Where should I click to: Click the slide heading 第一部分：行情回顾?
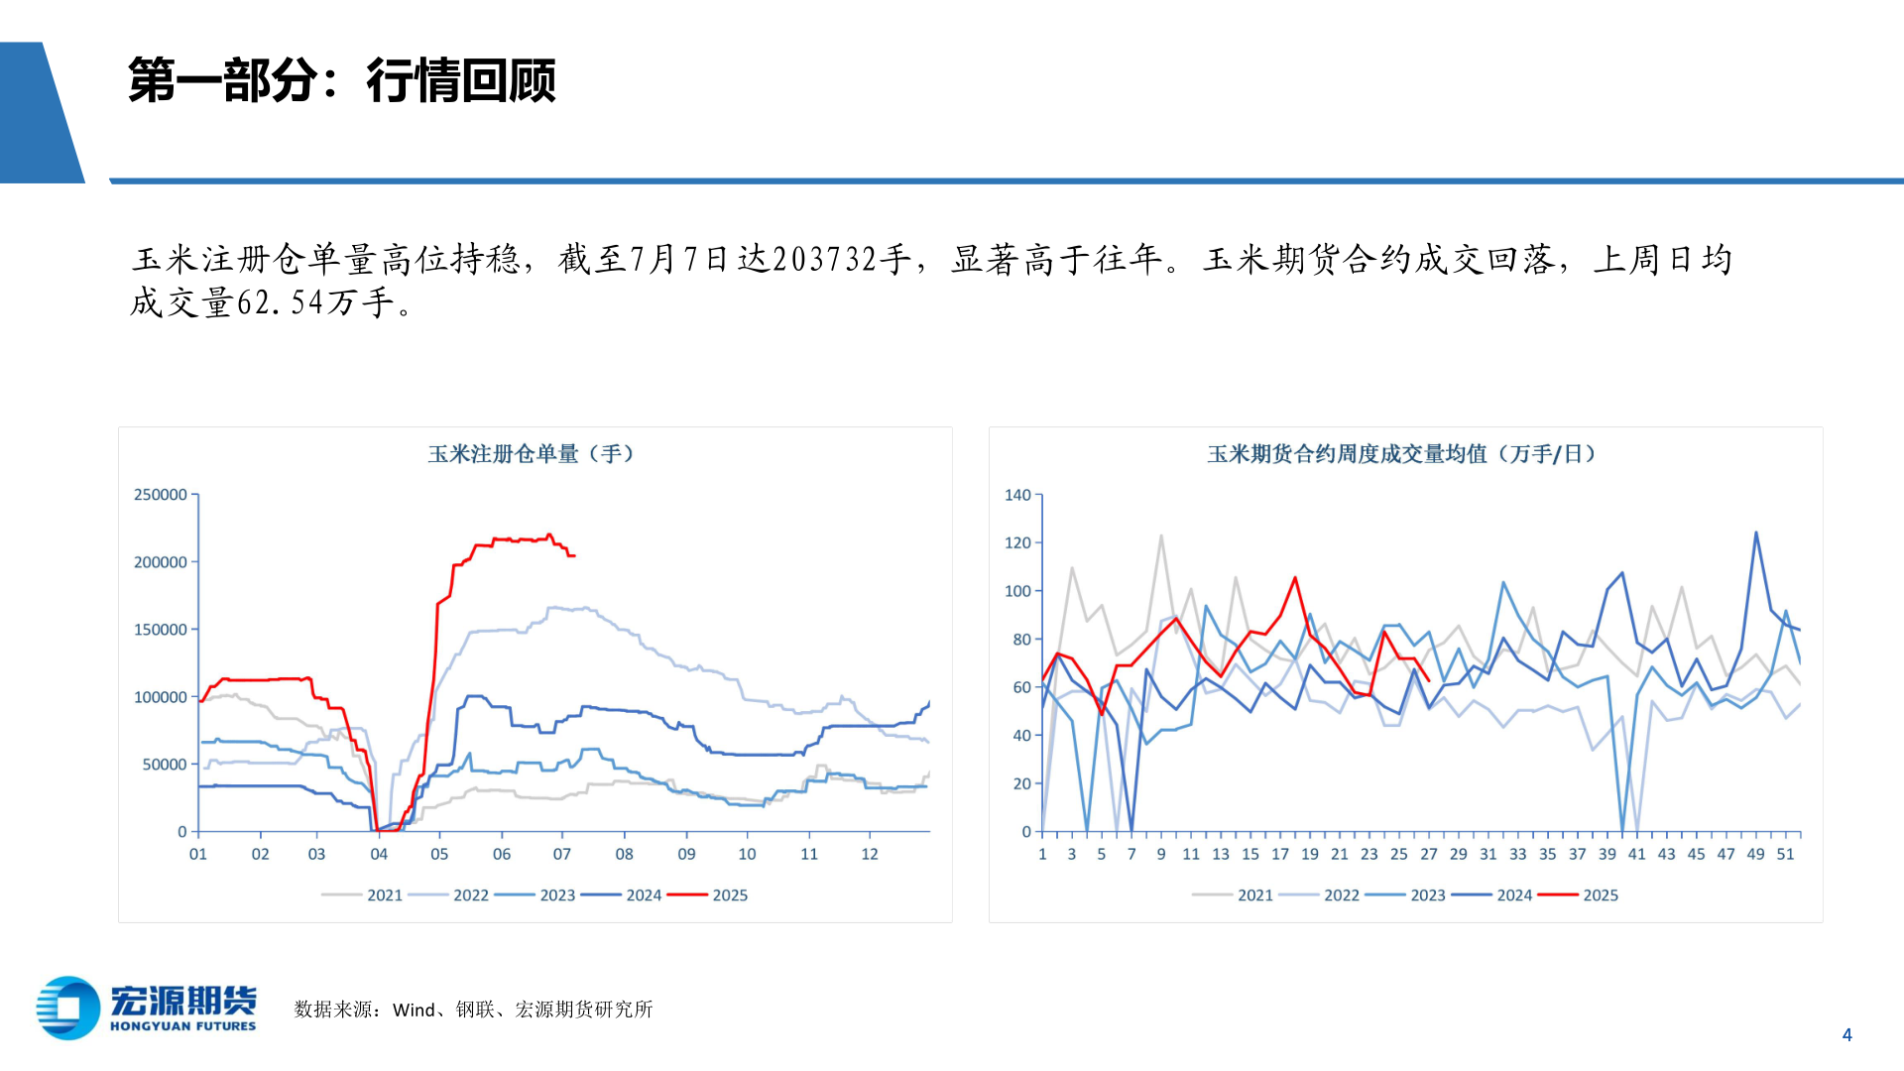click(342, 80)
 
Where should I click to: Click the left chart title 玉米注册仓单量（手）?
click(531, 454)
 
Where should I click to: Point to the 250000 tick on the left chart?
click(161, 495)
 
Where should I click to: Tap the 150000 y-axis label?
click(161, 630)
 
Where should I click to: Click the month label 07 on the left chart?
click(562, 854)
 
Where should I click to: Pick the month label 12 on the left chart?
click(870, 854)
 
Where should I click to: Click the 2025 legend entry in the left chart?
click(730, 895)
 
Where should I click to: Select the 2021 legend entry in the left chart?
click(385, 895)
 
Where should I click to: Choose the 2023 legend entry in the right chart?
click(1428, 895)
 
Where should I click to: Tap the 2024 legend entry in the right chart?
click(1514, 895)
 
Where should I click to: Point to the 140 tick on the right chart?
click(1017, 495)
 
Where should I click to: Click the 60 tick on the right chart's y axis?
click(1021, 687)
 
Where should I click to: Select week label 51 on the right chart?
click(1785, 854)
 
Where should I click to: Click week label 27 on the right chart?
click(1429, 854)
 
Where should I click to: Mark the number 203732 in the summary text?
click(825, 260)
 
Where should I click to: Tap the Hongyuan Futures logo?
click(147, 1009)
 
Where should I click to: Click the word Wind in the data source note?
click(414, 1010)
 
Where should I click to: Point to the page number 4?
click(1846, 1034)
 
